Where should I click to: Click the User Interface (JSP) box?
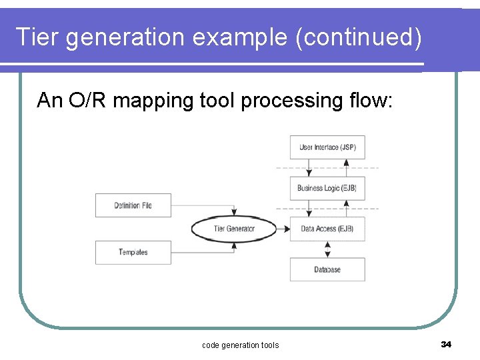pos(327,147)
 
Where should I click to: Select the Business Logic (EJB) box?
pos(327,188)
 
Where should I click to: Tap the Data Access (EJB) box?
pos(327,229)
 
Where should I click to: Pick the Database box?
pos(327,269)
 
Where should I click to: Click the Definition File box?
pos(133,205)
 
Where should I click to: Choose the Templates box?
pos(133,252)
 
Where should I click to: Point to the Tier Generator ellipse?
pos(234,229)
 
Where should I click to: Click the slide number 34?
pos(446,344)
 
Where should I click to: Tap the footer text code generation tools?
pos(240,345)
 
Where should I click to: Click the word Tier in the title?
pos(39,37)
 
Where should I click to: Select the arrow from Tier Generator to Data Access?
pos(283,229)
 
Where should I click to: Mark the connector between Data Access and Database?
pos(327,249)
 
